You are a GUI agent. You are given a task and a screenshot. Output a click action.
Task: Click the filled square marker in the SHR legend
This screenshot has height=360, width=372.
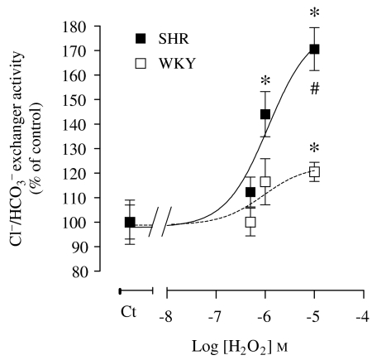(x=140, y=37)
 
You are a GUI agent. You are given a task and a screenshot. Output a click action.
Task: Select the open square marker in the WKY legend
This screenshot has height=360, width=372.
(x=140, y=62)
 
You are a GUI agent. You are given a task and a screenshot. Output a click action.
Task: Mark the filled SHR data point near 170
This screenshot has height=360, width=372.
(x=314, y=50)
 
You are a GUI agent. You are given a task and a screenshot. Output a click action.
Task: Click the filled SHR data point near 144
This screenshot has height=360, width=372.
(x=265, y=114)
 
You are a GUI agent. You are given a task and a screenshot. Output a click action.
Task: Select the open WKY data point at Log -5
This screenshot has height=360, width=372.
(x=314, y=172)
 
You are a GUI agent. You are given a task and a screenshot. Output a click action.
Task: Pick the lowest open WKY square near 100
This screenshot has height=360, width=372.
(x=250, y=222)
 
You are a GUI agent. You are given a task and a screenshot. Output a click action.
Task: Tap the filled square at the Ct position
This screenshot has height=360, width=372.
(x=130, y=222)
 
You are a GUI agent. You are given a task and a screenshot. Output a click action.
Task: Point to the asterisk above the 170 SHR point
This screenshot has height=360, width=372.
(x=314, y=13)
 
